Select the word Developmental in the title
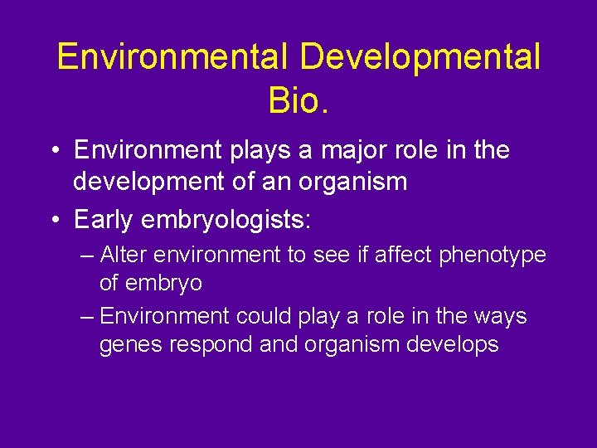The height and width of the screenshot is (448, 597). pyautogui.click(x=420, y=58)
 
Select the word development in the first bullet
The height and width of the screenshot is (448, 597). pyautogui.click(x=145, y=181)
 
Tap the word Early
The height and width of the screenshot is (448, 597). pyautogui.click(x=105, y=219)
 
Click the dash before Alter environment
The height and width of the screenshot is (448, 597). pyautogui.click(x=87, y=256)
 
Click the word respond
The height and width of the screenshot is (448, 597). pyautogui.click(x=211, y=345)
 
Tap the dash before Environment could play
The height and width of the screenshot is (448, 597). pyautogui.click(x=87, y=317)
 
